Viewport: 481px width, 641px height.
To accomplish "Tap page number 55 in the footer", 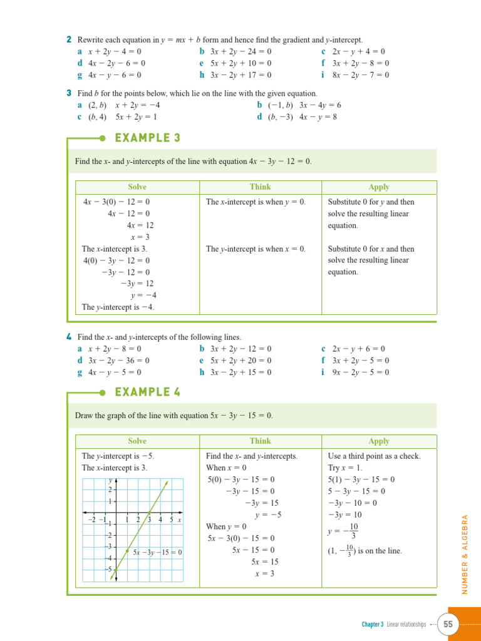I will coord(448,624).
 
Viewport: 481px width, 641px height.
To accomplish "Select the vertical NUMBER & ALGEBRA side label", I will coord(465,555).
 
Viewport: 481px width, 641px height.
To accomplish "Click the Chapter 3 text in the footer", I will coord(373,624).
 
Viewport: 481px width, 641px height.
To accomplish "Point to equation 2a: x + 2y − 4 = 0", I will coord(115,51).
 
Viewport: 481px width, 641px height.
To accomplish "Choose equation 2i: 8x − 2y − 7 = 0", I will coord(360,75).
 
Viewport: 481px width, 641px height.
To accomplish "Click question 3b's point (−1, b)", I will coord(281,105).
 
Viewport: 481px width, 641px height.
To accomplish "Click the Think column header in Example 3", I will coord(260,187).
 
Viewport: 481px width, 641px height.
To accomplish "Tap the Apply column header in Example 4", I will coord(379,441).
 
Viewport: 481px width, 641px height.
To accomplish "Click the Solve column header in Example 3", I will coord(137,187).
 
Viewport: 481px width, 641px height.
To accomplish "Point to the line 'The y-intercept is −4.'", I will coord(118,307).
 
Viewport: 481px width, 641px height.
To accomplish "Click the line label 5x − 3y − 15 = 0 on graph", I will coord(157,552).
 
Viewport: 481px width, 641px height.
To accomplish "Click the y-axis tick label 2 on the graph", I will coord(110,490).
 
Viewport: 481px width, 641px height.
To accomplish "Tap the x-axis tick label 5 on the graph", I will coord(171,520).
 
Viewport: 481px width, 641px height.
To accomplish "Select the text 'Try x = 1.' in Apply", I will coord(345,468).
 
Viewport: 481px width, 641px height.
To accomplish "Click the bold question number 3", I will coord(68,93).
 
